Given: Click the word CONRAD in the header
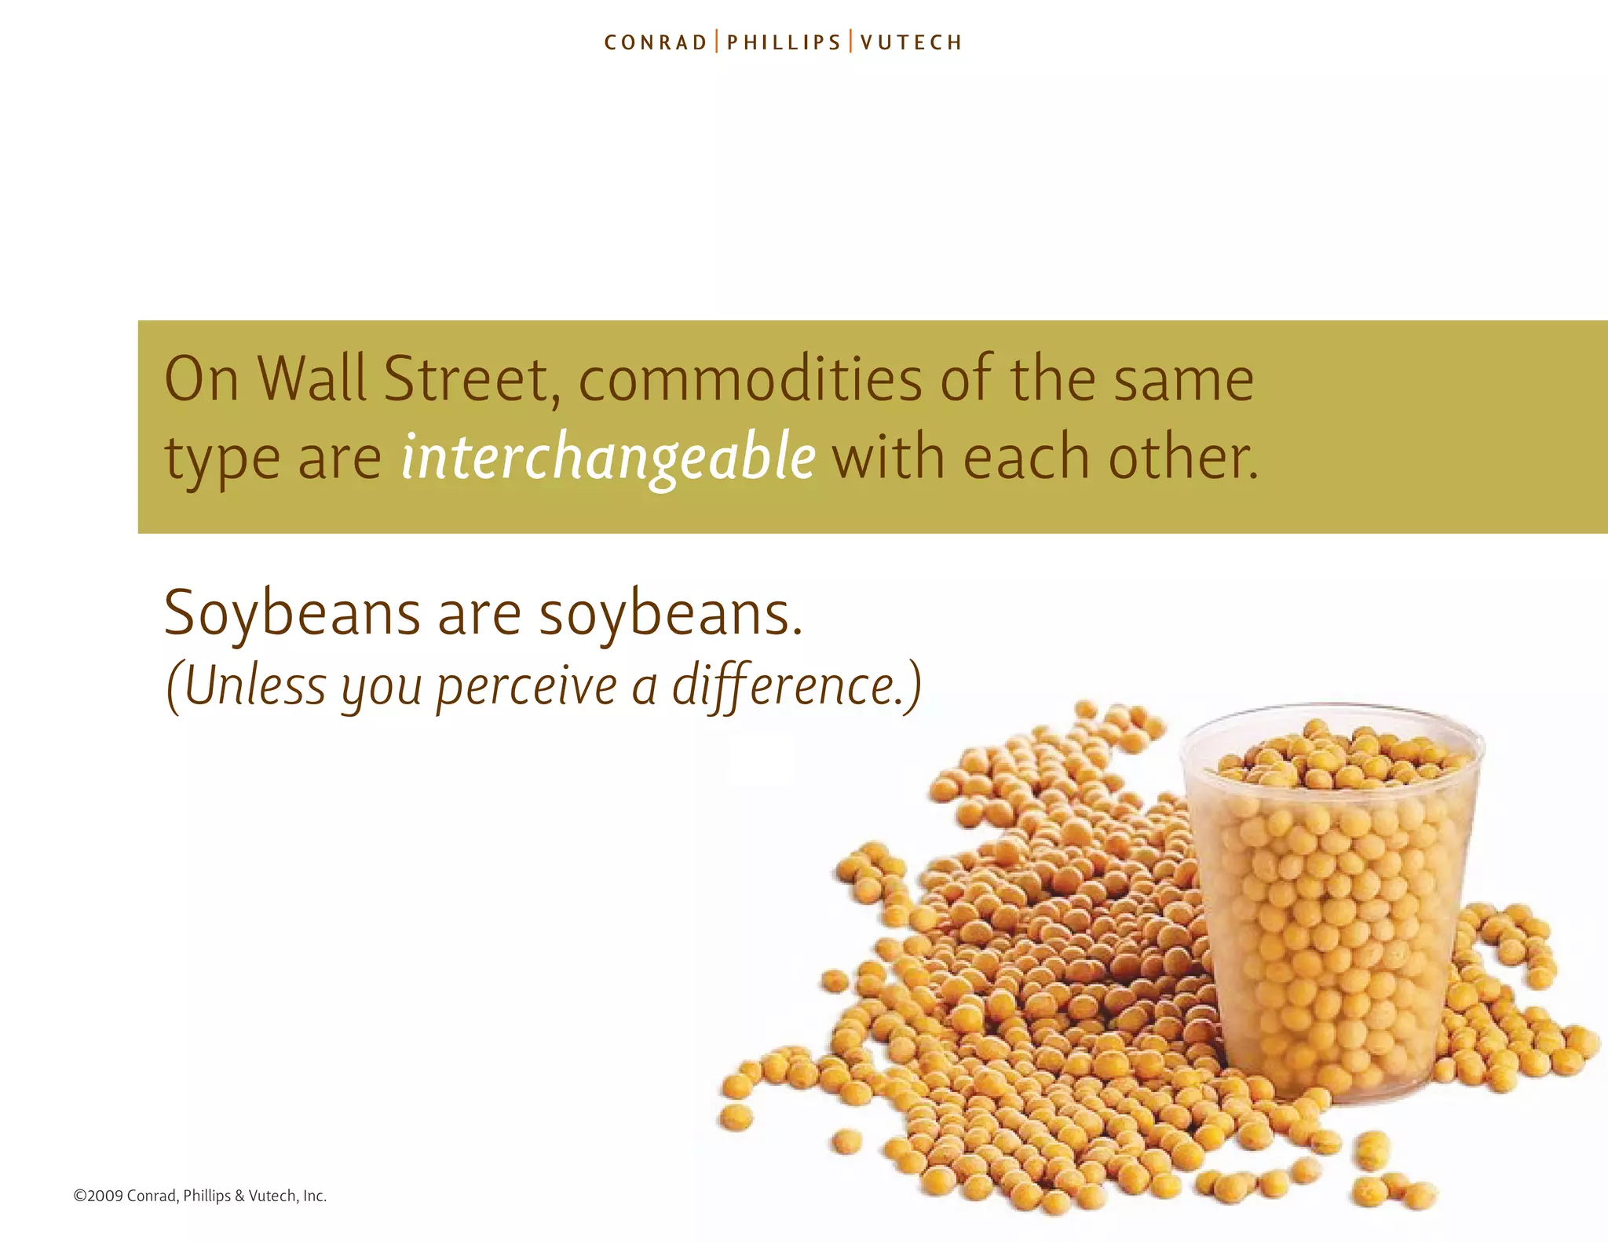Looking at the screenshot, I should tap(656, 42).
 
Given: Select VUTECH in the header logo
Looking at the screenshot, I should tap(911, 42).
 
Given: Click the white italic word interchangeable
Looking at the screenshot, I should tap(608, 458).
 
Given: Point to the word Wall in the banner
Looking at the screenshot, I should tap(312, 379).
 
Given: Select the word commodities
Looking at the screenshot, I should tap(750, 379).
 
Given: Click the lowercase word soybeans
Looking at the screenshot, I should tap(671, 613).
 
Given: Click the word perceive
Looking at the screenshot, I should tap(527, 686).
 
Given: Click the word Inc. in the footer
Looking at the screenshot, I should tap(314, 1196).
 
